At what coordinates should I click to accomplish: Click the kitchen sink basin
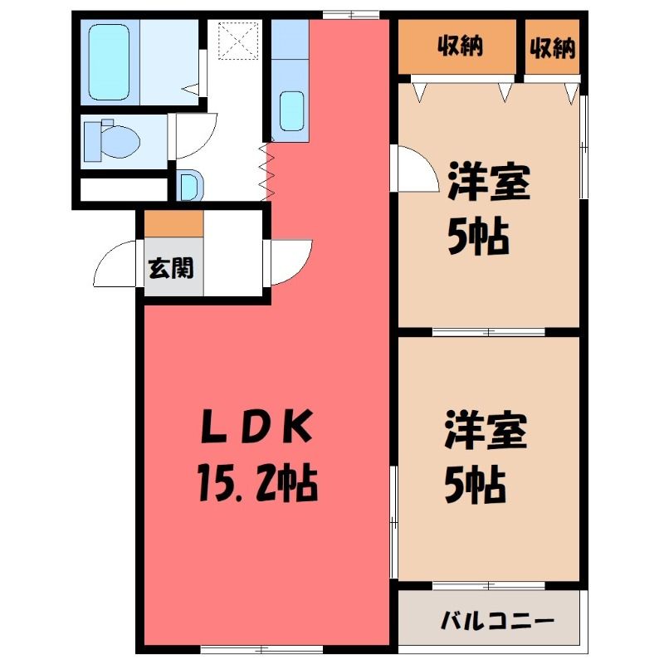[292, 111]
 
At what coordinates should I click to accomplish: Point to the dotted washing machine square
[238, 41]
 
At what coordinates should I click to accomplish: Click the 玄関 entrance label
[171, 267]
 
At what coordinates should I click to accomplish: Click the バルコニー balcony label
[496, 622]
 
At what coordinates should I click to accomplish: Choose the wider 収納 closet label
[461, 46]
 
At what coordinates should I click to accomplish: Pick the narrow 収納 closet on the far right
[553, 46]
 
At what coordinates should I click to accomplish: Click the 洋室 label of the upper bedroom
[489, 181]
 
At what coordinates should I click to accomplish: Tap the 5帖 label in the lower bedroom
[475, 485]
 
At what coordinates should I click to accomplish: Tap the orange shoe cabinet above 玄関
[173, 223]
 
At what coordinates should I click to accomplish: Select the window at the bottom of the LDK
[261, 648]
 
